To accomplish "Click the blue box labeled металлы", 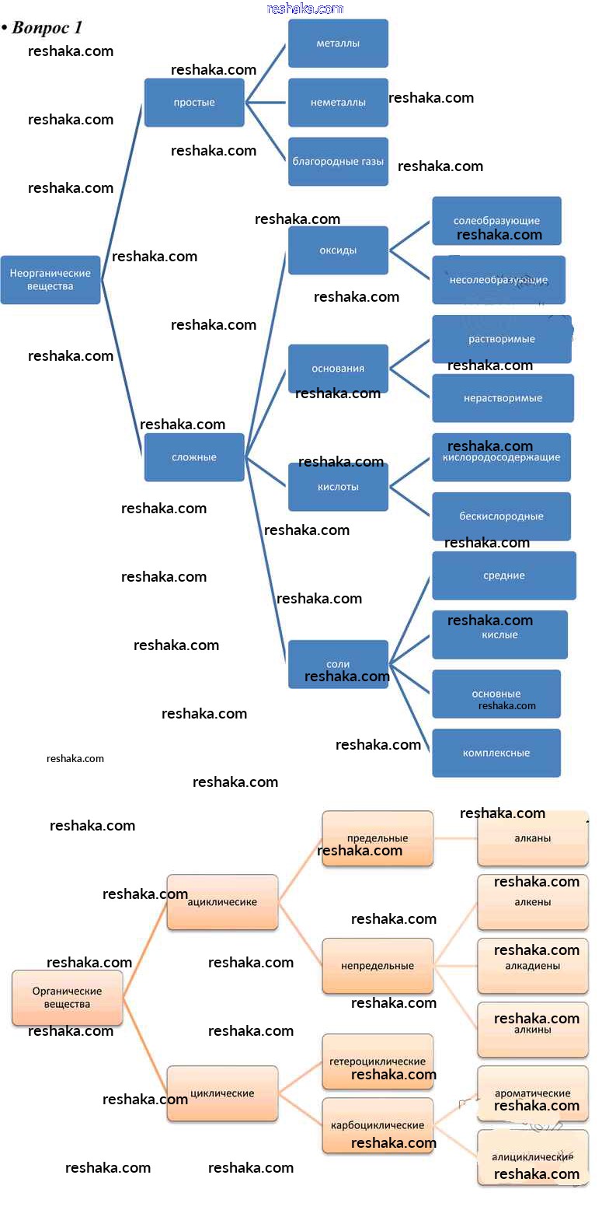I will point(338,44).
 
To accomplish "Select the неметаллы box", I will point(338,103).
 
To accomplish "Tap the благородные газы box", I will point(338,162).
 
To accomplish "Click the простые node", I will point(194,103).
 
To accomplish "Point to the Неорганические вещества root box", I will point(50,280).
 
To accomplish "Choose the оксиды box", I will point(338,250).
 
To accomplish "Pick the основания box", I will point(338,369).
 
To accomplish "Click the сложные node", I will point(194,457).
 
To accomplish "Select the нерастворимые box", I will point(503,398).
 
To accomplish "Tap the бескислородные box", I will point(501,516).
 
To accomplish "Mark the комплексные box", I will point(496,753).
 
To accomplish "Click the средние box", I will point(504,575).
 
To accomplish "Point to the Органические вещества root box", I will point(68,998).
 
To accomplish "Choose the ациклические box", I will point(222,902).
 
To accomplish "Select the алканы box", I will point(533,838).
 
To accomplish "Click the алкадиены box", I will point(533,966).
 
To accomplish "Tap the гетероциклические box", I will point(378,1061).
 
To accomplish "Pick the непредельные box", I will point(378,966).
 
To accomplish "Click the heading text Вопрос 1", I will point(47,28).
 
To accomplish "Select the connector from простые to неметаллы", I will point(266,103).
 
